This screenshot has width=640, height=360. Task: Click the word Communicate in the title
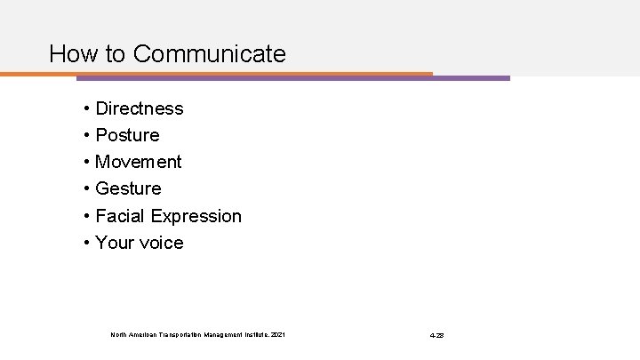coord(209,54)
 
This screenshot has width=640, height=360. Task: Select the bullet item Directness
coord(139,108)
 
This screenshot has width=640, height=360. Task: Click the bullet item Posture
coord(127,135)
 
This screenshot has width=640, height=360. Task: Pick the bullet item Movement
coord(138,162)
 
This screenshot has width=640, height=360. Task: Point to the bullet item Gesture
coord(128,188)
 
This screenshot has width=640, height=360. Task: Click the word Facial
coord(121,216)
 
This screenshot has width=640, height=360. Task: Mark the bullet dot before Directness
coord(88,109)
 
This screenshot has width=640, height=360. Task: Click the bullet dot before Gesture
coord(88,189)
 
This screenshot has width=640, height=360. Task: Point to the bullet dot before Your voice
coord(88,244)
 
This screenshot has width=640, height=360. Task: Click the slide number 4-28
coord(436,335)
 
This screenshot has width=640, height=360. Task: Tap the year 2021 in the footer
coord(278,335)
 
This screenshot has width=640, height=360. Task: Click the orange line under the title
coord(222,73)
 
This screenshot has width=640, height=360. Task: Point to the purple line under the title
coord(471,77)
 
